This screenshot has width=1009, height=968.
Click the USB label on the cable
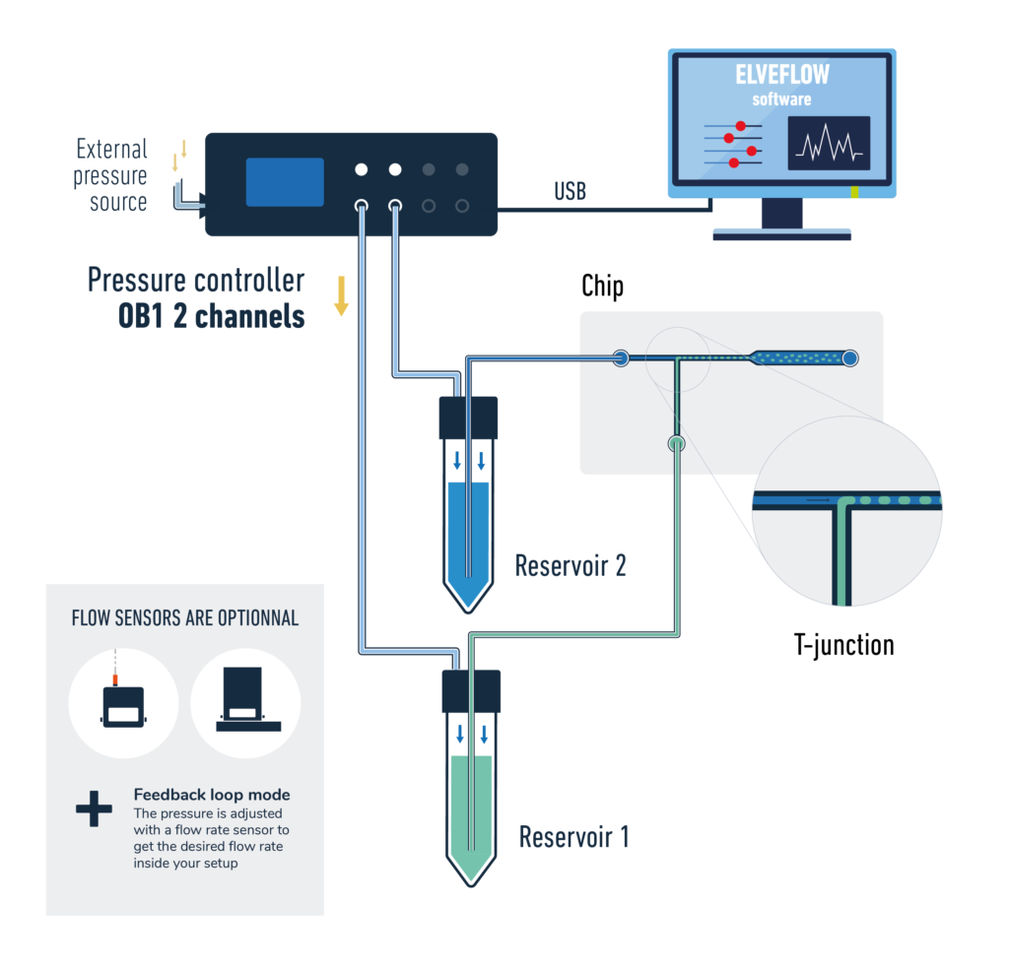point(570,192)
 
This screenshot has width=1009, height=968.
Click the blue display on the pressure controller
point(285,182)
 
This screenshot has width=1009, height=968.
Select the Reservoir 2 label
point(571,566)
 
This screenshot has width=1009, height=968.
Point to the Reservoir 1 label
point(573,838)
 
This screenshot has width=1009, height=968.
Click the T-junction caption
point(843,645)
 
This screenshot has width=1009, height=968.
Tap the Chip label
point(602,287)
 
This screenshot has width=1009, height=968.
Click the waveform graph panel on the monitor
point(829,143)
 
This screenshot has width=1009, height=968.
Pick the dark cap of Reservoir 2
point(468,418)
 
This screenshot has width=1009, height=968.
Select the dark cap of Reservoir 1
point(471,691)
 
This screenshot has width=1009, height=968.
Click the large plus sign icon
point(95,809)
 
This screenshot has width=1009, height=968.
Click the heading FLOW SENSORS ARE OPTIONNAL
point(185,619)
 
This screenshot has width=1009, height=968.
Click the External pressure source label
point(112,176)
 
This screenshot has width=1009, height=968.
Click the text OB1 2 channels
point(211,318)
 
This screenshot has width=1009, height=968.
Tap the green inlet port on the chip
point(675,444)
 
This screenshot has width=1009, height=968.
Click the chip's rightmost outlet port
point(849,358)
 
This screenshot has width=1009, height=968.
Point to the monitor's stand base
point(781,235)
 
